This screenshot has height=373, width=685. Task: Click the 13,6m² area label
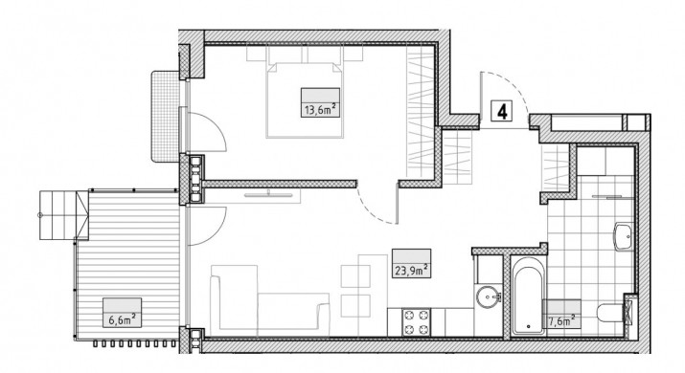pyautogui.click(x=320, y=109)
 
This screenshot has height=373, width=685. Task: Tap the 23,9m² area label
pyautogui.click(x=412, y=270)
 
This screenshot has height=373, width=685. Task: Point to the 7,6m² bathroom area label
pyautogui.click(x=561, y=320)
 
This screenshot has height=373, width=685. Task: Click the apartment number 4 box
pyautogui.click(x=502, y=111)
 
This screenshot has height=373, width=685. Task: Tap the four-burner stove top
pyautogui.click(x=417, y=322)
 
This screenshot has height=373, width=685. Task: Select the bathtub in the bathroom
pyautogui.click(x=528, y=296)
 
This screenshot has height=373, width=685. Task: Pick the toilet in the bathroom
pyautogui.click(x=610, y=313)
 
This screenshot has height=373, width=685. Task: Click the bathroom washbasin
pyautogui.click(x=624, y=237)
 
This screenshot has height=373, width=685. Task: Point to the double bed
pyautogui.click(x=304, y=99)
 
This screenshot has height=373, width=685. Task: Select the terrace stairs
pyautogui.click(x=64, y=215)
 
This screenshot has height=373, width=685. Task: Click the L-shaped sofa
pyautogui.click(x=268, y=297)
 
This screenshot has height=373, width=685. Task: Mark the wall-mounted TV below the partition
pyautogui.click(x=268, y=194)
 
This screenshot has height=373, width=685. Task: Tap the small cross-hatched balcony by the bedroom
pyautogui.click(x=165, y=117)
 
